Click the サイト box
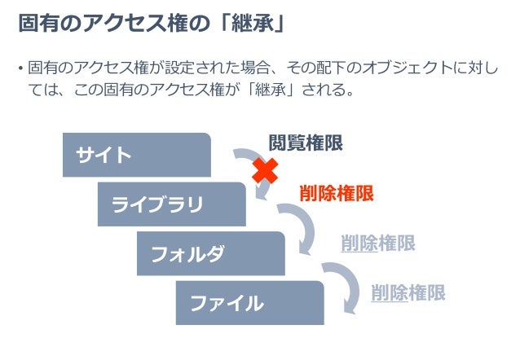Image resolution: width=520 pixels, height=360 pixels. (x=136, y=155)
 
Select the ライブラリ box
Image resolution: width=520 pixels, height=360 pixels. (x=171, y=204)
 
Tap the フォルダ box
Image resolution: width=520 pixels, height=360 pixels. (x=210, y=253)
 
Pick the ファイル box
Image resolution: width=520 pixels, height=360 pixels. (x=249, y=302)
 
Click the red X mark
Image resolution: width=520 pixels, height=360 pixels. (x=264, y=171)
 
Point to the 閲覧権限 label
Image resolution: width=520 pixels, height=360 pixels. (x=306, y=143)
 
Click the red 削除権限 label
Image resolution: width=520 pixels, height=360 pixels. (x=337, y=193)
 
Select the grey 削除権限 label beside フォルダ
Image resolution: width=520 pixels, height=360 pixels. (x=377, y=243)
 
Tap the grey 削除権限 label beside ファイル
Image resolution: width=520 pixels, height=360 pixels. (x=408, y=292)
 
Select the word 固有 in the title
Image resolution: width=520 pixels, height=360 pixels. (x=36, y=24)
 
